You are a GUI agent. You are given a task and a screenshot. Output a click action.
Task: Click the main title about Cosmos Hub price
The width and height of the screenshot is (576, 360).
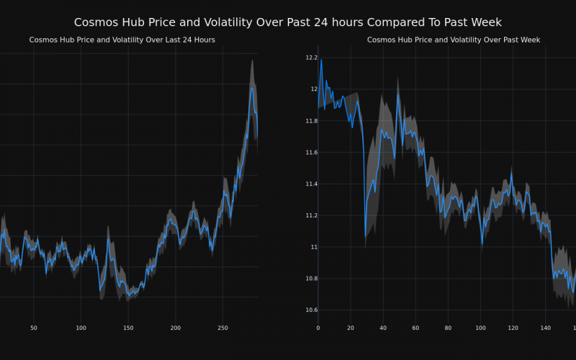tap(288, 22)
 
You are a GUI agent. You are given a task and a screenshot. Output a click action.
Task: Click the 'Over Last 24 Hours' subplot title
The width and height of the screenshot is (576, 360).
tap(122, 40)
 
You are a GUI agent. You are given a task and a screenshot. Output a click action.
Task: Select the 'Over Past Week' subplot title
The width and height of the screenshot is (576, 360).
tap(454, 40)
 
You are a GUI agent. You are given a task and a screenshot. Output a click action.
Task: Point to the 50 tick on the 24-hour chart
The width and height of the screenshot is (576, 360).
tap(34, 328)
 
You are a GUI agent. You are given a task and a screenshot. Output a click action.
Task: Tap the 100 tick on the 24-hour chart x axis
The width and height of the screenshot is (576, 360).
tap(81, 328)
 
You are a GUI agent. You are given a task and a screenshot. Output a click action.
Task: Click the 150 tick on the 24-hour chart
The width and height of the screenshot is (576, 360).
tap(128, 328)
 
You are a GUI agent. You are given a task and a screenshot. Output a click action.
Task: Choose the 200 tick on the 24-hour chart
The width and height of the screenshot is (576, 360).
tap(176, 328)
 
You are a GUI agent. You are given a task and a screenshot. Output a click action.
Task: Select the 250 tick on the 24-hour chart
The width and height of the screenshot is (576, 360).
tap(222, 328)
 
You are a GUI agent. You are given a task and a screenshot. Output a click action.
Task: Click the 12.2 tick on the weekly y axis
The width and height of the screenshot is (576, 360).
tap(311, 57)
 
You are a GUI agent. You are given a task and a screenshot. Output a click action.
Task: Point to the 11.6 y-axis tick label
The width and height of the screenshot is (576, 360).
tap(311, 153)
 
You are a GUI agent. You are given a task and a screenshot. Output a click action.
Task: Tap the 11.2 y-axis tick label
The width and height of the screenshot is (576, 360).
tap(311, 215)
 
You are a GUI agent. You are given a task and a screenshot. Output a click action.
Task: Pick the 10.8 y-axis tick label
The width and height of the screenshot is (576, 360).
tap(311, 279)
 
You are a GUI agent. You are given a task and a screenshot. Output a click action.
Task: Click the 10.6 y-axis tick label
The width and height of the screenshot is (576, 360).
tap(311, 310)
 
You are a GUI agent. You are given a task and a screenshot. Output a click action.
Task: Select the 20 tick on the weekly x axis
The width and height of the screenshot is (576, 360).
tap(351, 328)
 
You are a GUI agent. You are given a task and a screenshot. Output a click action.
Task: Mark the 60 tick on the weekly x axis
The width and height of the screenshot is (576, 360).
tap(415, 328)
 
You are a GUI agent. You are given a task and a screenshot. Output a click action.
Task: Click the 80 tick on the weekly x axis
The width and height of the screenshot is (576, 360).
tap(448, 328)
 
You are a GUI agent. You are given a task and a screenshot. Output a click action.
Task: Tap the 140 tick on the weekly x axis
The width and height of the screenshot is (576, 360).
tap(546, 328)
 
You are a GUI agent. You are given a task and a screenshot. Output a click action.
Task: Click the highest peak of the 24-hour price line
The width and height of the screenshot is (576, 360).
tap(252, 88)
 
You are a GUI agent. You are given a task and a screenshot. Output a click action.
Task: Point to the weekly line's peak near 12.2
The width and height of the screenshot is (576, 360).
tap(321, 59)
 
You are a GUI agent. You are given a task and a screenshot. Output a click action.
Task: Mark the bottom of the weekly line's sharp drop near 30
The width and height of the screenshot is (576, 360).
tap(366, 235)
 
